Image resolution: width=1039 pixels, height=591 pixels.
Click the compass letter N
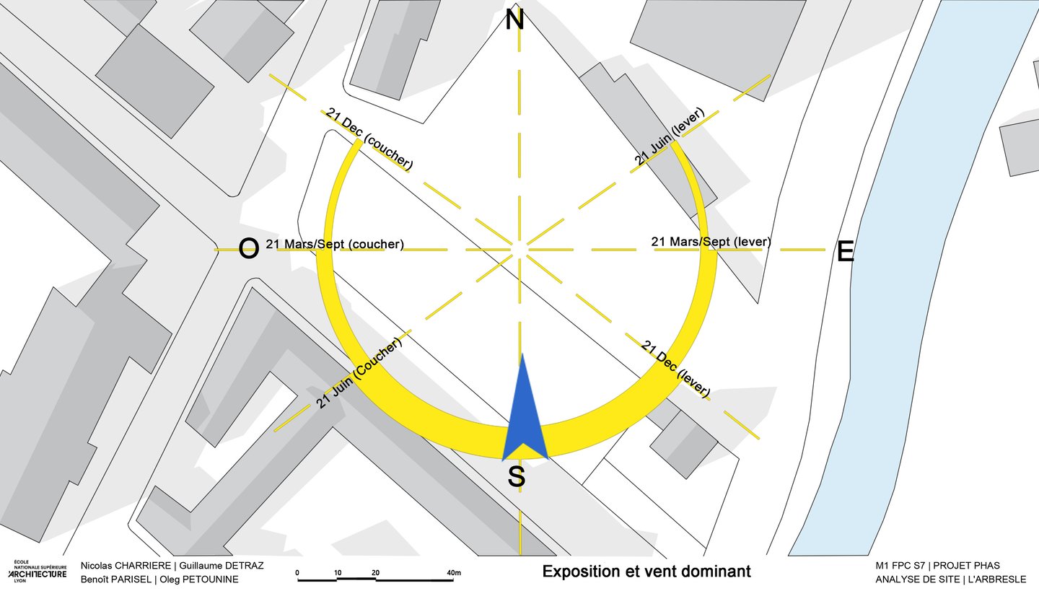point(514,19)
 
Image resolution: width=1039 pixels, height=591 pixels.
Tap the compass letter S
point(516,476)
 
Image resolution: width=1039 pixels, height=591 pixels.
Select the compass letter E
point(845,252)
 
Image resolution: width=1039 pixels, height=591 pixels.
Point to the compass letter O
point(248,249)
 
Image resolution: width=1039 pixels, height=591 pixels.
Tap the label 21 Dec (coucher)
point(369,139)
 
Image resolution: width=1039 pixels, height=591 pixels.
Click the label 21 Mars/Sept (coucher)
point(335,244)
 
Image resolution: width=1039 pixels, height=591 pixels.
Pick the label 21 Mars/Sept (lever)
point(711,241)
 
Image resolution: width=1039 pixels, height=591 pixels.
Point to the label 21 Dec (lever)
point(675,368)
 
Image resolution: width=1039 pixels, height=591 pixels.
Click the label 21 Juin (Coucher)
point(359,374)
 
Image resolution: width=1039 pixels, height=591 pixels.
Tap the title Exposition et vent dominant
point(646,572)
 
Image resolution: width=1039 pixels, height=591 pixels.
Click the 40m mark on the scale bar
point(453,573)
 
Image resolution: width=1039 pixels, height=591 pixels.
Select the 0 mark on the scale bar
point(298,573)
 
